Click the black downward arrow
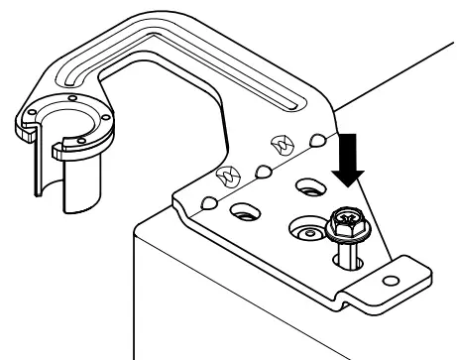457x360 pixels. click(347, 159)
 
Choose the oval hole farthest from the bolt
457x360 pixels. click(242, 211)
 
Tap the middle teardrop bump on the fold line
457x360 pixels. click(265, 173)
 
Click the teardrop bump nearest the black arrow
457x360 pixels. click(317, 140)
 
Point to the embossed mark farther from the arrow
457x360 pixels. click(225, 176)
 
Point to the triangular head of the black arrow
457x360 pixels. click(347, 174)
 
